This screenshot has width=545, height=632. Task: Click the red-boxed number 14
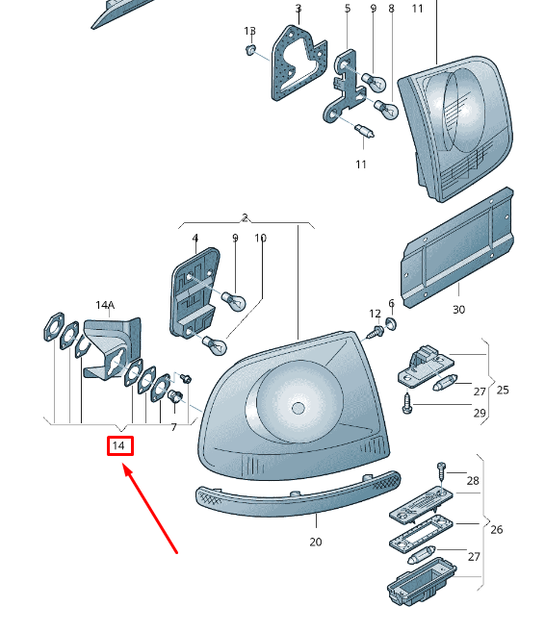(119, 445)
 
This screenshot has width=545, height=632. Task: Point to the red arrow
(149, 509)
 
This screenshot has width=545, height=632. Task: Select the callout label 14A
(105, 305)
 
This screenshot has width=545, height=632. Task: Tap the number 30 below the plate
(458, 310)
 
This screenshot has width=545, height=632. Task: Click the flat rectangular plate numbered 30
(457, 247)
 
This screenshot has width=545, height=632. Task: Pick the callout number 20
(316, 543)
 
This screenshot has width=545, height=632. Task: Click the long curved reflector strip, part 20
(298, 494)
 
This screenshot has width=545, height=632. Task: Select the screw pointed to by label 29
(406, 403)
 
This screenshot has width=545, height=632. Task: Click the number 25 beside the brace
(503, 390)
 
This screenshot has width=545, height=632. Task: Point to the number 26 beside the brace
(497, 529)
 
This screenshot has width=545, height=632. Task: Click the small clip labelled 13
(250, 50)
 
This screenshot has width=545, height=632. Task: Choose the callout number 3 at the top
(298, 9)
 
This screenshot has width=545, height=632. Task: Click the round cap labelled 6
(391, 323)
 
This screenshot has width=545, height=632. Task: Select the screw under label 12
(375, 332)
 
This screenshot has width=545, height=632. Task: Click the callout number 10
(261, 239)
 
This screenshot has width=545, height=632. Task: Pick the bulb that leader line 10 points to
(214, 345)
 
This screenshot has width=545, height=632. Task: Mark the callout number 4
(195, 239)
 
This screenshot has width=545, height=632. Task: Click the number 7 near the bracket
(174, 427)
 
